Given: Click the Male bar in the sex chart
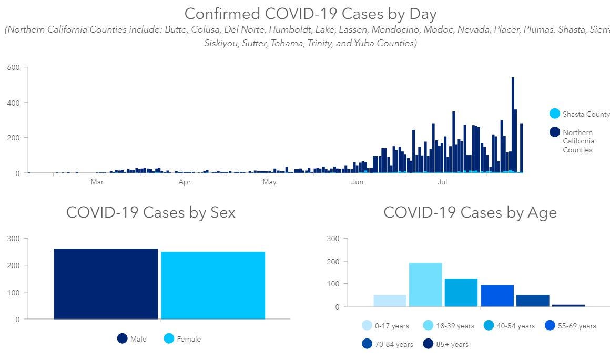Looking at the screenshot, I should coord(106,283).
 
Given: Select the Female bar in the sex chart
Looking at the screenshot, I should coord(213,285).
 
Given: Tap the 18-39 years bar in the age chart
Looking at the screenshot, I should coord(425,284).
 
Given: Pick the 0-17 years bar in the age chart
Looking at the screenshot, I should coord(390,301).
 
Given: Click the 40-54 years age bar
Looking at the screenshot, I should coord(461,292).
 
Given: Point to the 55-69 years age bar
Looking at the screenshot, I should coord(497,295).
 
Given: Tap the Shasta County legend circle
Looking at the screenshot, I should coord(555,114).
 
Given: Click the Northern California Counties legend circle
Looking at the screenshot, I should coord(555,132).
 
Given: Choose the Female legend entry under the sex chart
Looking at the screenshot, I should coord(182,339).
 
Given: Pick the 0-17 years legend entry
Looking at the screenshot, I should coord(386,326).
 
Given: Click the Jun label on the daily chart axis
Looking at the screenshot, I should coord(357,182).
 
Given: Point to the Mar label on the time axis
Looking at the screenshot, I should coord(97,182).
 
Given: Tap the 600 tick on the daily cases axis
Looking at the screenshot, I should coord(13,67).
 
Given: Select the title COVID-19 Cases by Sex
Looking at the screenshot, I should coord(150,212).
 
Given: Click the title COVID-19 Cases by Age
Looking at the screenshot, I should coord(470,212).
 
